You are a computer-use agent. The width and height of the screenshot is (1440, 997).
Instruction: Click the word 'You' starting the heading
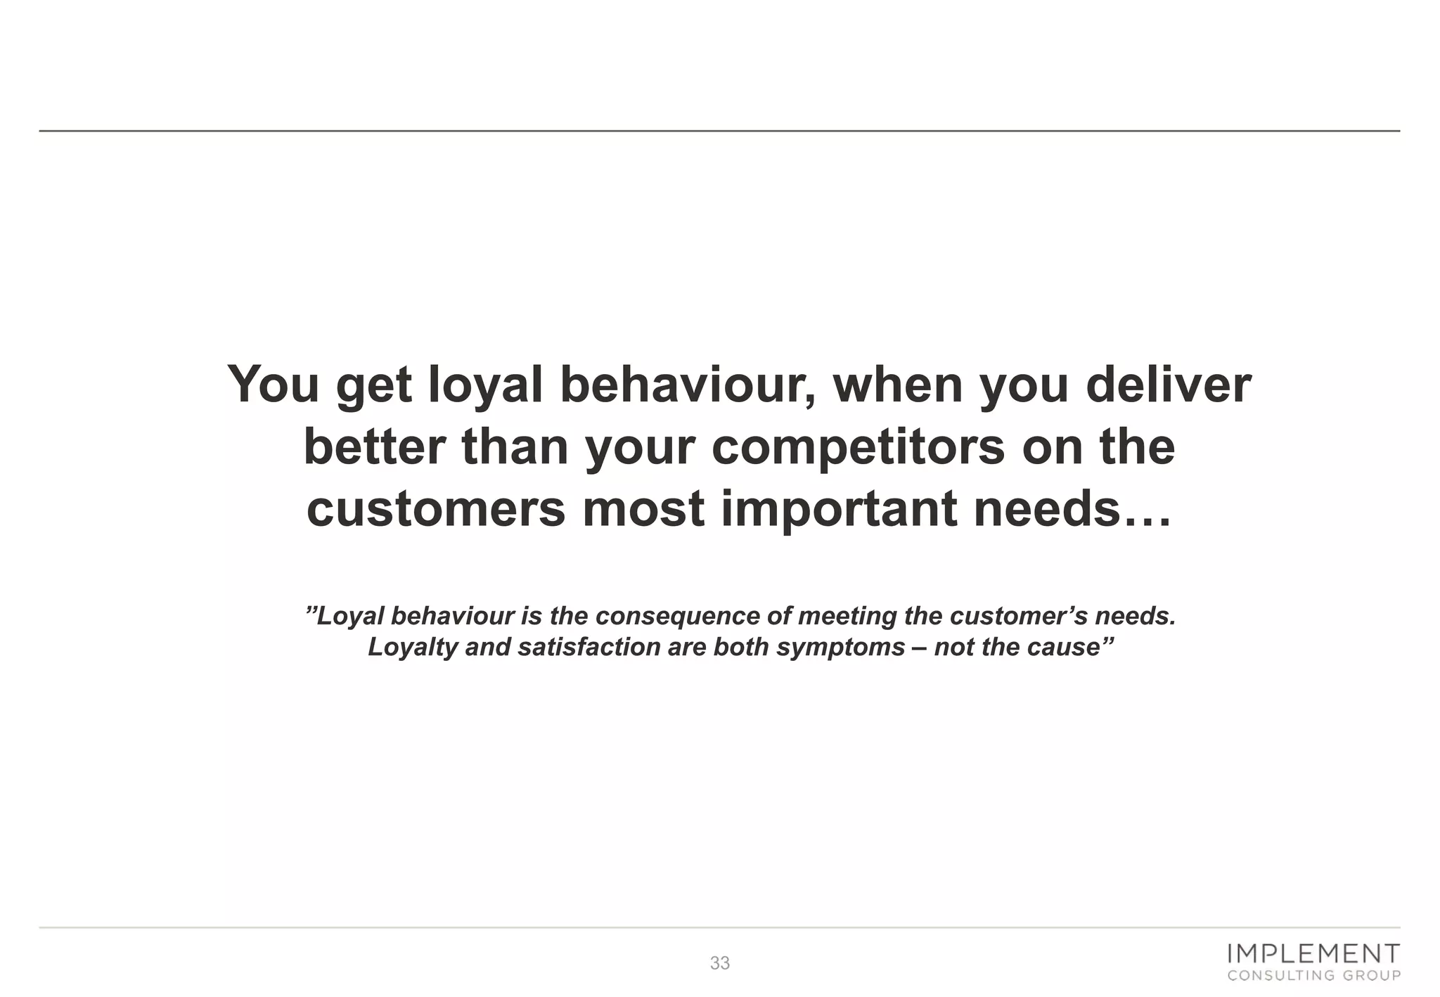point(274,385)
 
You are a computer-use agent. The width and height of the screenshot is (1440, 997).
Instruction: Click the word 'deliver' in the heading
point(1169,385)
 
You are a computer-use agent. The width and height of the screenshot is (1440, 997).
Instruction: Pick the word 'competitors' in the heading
point(858,448)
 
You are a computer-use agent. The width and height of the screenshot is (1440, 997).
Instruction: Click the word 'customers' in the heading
point(436,509)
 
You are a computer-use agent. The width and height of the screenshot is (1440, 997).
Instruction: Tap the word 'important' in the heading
point(840,509)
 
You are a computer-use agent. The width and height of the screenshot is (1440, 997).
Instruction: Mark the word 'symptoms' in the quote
point(840,647)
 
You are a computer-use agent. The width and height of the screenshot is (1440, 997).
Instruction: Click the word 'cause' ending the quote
point(1066,647)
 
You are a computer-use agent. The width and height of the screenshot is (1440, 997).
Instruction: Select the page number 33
point(720,963)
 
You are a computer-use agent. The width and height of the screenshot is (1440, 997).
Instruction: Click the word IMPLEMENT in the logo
point(1313,954)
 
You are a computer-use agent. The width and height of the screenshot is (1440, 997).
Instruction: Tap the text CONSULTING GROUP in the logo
point(1313,975)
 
